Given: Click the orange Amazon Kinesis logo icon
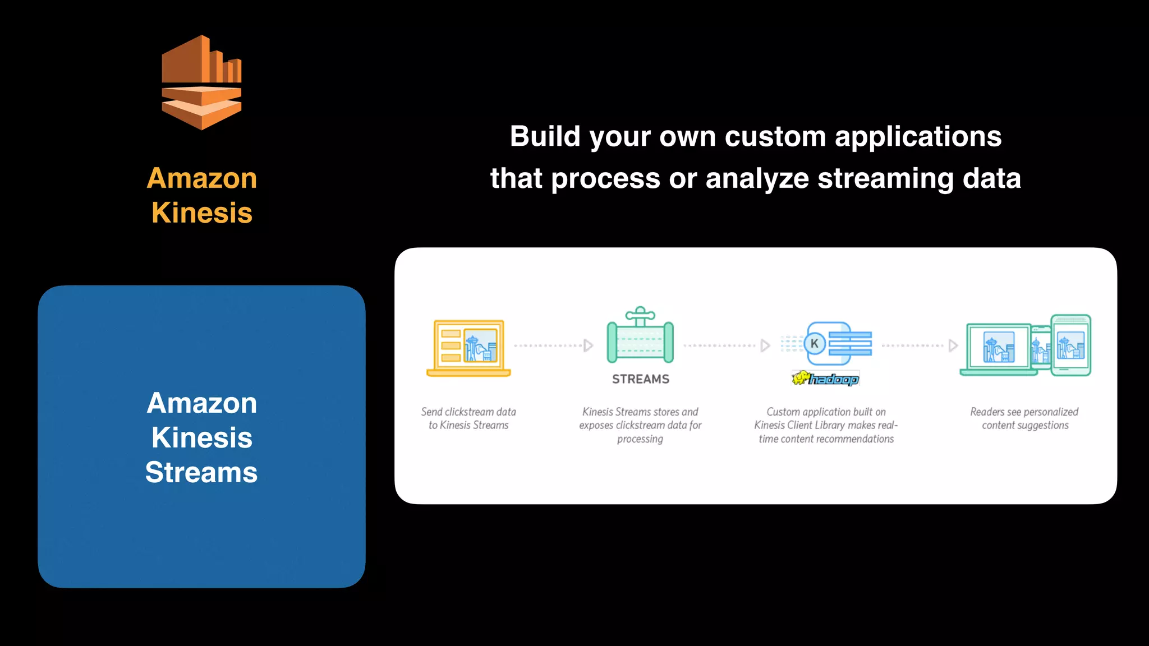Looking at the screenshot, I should pyautogui.click(x=201, y=83).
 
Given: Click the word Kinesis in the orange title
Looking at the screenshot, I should pyautogui.click(x=202, y=213).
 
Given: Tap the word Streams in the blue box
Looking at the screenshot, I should pyautogui.click(x=201, y=472).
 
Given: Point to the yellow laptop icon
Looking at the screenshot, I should pyautogui.click(x=468, y=348).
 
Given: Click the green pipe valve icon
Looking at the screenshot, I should pyautogui.click(x=640, y=336).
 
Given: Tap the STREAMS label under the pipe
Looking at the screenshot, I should pyautogui.click(x=641, y=379).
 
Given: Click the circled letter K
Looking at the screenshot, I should pyautogui.click(x=815, y=344).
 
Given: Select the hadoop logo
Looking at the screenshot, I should pyautogui.click(x=826, y=379).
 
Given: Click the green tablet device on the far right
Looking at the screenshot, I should pyautogui.click(x=1071, y=345).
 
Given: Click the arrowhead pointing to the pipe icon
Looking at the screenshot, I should pyautogui.click(x=588, y=345).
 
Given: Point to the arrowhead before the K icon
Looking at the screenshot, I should pyautogui.click(x=765, y=345).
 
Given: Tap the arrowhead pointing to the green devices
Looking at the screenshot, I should pyautogui.click(x=953, y=345).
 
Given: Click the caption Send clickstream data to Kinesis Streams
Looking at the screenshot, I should pyautogui.click(x=468, y=418).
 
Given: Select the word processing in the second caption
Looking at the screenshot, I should pyautogui.click(x=640, y=439).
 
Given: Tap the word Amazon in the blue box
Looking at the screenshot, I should pyautogui.click(x=202, y=403).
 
